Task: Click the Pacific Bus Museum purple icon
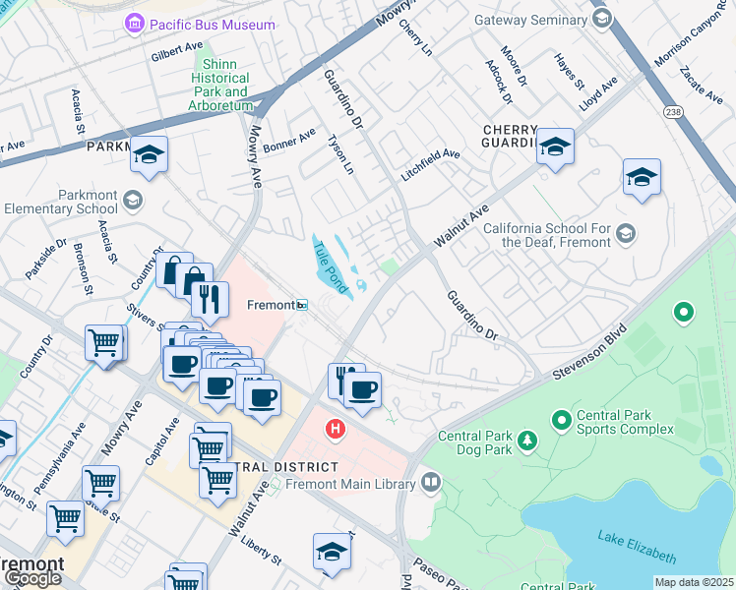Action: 133,22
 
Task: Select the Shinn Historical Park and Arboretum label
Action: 221,85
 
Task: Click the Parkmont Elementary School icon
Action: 132,201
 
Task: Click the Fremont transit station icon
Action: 303,305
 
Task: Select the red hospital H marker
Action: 336,429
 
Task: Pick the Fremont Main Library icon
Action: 429,482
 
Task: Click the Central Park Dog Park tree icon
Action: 527,438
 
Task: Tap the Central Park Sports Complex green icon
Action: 562,421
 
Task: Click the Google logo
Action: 31,578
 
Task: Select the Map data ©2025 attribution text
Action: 694,582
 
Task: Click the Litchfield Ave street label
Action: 430,164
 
